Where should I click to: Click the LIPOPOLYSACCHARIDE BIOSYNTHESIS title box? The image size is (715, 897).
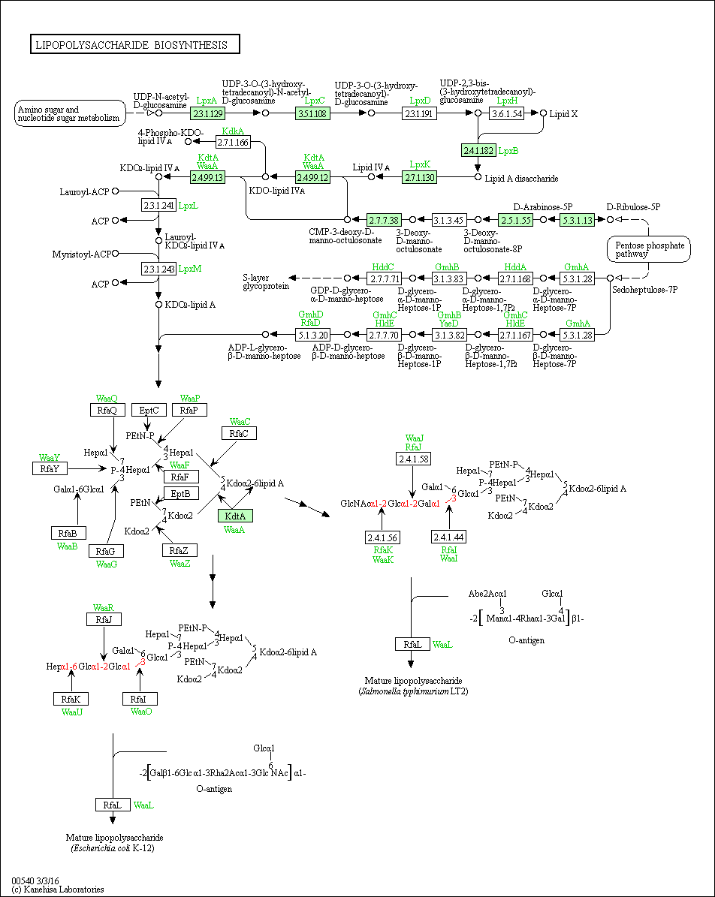click(135, 44)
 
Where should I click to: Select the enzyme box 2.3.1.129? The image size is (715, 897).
click(207, 113)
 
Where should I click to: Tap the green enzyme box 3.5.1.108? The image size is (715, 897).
click(312, 113)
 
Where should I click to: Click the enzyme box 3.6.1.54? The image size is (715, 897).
click(507, 113)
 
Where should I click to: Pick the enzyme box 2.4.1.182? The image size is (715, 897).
click(478, 150)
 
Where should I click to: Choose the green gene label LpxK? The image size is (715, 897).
click(419, 164)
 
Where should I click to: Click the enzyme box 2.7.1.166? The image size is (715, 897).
click(233, 141)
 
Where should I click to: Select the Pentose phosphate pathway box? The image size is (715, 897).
click(649, 249)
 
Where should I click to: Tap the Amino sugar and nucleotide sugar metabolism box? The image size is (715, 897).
click(71, 113)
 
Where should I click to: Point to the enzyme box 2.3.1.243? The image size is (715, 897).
click(158, 268)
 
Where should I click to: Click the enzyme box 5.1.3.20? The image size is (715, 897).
click(312, 335)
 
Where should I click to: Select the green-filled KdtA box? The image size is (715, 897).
click(235, 516)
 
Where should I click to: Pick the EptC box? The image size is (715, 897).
click(149, 410)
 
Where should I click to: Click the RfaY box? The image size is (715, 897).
click(50, 468)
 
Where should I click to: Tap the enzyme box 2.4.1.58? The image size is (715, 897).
click(413, 459)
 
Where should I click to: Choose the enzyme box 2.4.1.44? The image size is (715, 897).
click(449, 537)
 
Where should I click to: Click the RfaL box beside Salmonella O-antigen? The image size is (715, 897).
click(413, 644)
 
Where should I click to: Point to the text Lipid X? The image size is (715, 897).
click(563, 114)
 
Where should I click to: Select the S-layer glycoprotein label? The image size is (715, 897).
click(266, 281)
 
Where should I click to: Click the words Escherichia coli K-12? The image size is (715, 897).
click(113, 848)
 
